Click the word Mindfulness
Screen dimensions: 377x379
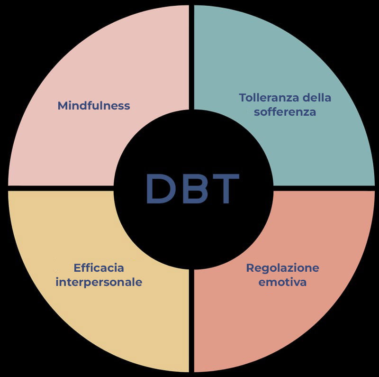(x=93, y=105)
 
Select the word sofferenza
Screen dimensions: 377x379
(x=285, y=112)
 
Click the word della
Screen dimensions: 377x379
(x=319, y=98)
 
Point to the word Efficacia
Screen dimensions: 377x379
(x=99, y=268)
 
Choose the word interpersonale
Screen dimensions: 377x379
(x=99, y=282)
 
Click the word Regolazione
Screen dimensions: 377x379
(x=282, y=268)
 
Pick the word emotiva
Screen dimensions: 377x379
(x=282, y=282)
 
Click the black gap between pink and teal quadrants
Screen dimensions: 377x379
(x=192, y=57)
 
